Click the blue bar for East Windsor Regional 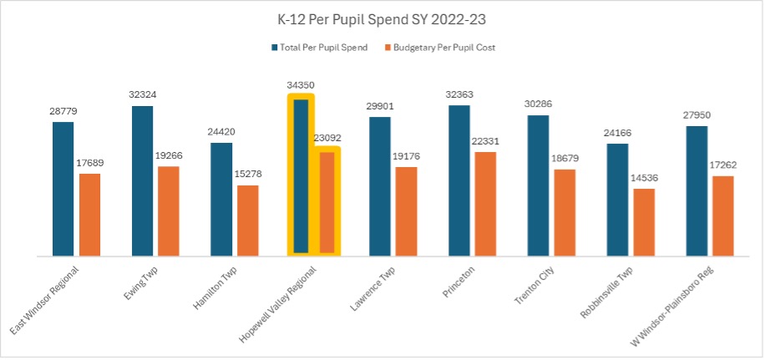point(63,188)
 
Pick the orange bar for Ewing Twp point(169,210)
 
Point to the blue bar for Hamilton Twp point(221,199)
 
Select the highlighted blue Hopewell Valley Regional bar point(301,175)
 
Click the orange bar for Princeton point(485,204)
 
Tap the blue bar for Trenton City point(538,185)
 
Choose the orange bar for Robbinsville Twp point(644,222)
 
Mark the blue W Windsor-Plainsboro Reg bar point(697,190)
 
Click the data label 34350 point(301,85)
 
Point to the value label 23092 point(327,138)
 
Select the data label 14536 point(644,178)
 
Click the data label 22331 point(485,141)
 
